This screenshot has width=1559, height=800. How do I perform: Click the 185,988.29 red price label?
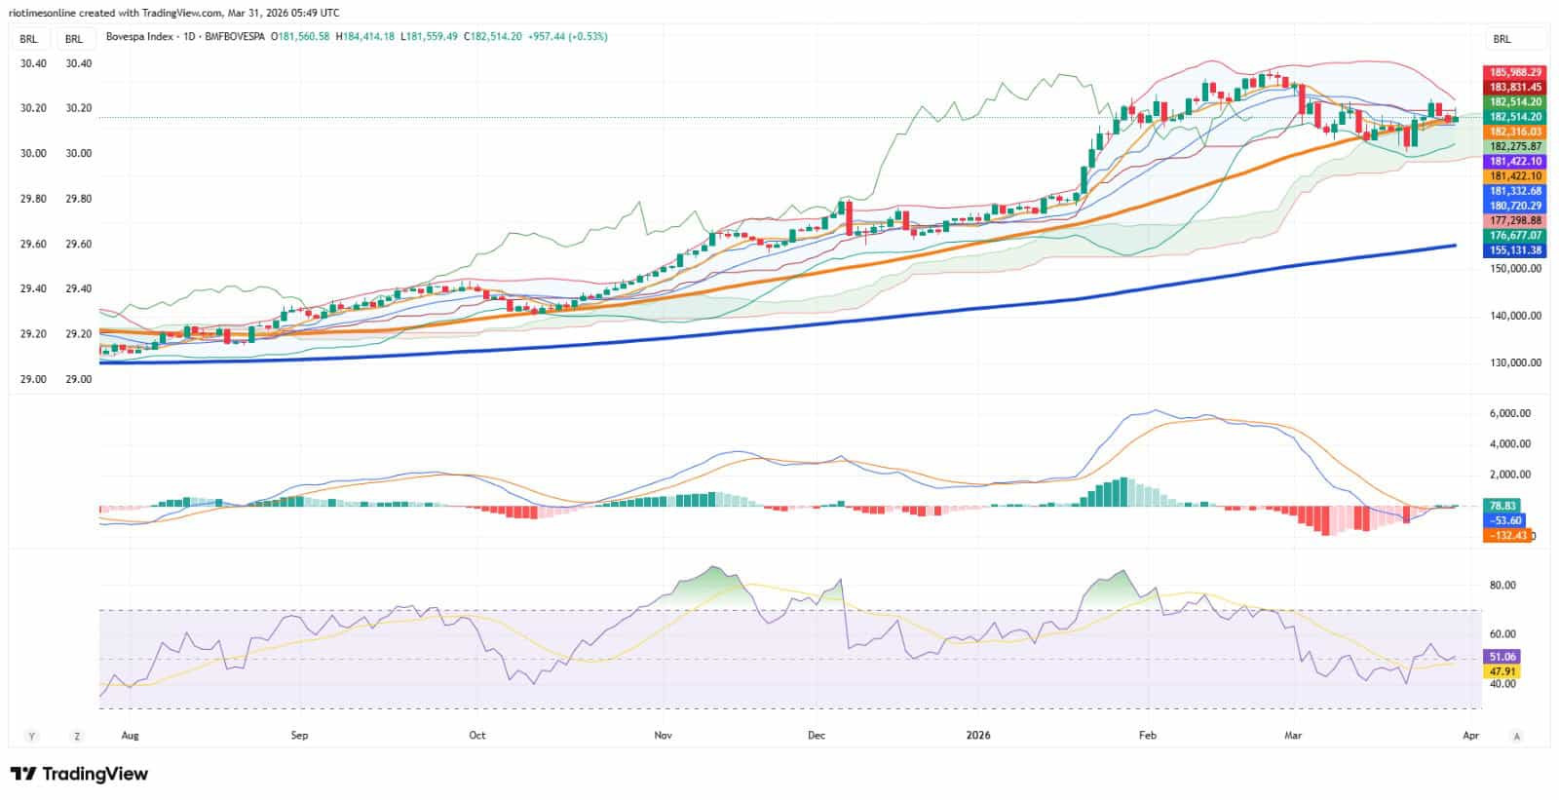1514,72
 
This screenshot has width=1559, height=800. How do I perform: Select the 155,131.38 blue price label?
1514,250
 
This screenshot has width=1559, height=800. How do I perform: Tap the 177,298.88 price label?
1514,221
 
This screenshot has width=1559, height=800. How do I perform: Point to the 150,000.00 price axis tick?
1515,269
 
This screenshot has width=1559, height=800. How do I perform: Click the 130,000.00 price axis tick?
1515,362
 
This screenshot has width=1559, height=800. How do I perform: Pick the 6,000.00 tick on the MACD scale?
1509,413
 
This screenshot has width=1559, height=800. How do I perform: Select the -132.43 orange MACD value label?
1506,535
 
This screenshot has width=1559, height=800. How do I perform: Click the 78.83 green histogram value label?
1502,506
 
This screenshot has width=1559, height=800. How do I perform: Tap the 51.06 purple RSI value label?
1502,657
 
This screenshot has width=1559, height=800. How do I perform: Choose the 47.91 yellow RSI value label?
1502,672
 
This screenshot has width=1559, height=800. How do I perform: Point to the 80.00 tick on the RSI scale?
1502,586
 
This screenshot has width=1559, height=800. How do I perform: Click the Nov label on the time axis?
664,736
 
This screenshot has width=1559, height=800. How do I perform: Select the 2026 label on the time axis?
978,736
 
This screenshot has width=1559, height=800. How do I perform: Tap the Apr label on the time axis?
1470,736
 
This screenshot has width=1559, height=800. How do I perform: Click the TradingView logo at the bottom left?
79,774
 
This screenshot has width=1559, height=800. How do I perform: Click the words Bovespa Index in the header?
139,37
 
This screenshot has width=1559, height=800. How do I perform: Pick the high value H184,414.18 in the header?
365,37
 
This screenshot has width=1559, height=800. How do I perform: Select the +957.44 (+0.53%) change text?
567,37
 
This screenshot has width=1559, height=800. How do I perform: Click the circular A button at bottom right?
1516,736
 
